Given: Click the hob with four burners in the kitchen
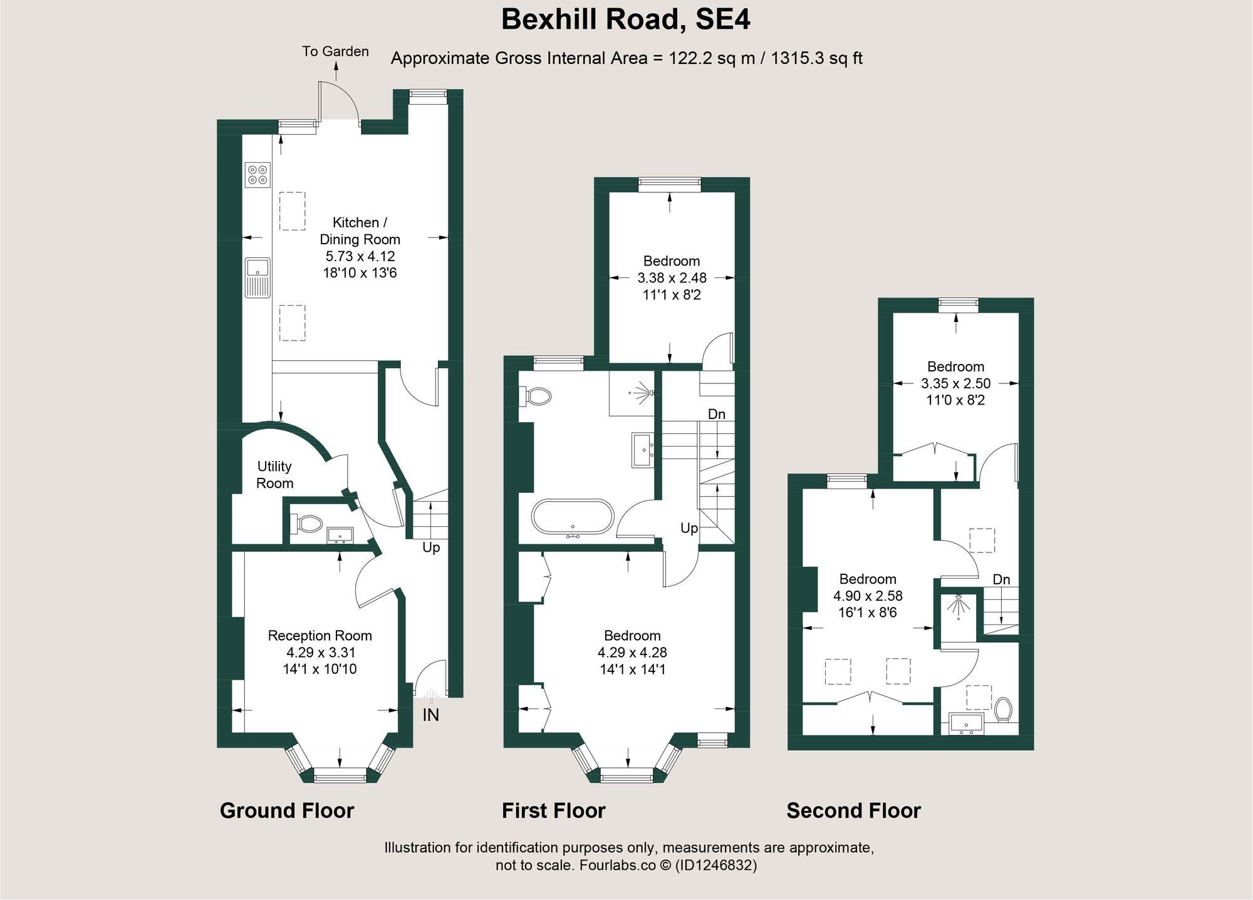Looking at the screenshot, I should [x=257, y=174].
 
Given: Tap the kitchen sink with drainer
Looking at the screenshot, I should [x=257, y=277].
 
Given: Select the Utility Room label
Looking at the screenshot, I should [x=274, y=475].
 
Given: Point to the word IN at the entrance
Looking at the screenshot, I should [x=430, y=715].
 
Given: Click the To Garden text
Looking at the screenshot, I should [x=335, y=51].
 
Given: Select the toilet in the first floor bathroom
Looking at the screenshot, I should [x=536, y=396].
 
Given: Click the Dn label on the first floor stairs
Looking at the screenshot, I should [x=716, y=414].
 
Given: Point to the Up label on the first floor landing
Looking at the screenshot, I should [x=689, y=528].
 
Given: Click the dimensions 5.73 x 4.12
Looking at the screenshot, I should [x=360, y=256].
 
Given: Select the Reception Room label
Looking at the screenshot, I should [x=320, y=636].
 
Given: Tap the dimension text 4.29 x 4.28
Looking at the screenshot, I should [x=632, y=653].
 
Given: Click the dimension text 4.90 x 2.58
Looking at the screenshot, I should [x=868, y=596].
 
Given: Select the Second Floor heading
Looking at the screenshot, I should [x=853, y=811].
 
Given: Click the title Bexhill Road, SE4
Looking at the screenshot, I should [x=625, y=20].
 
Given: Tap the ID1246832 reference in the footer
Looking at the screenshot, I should [x=715, y=866].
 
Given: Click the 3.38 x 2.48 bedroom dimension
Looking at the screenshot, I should [x=672, y=277].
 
